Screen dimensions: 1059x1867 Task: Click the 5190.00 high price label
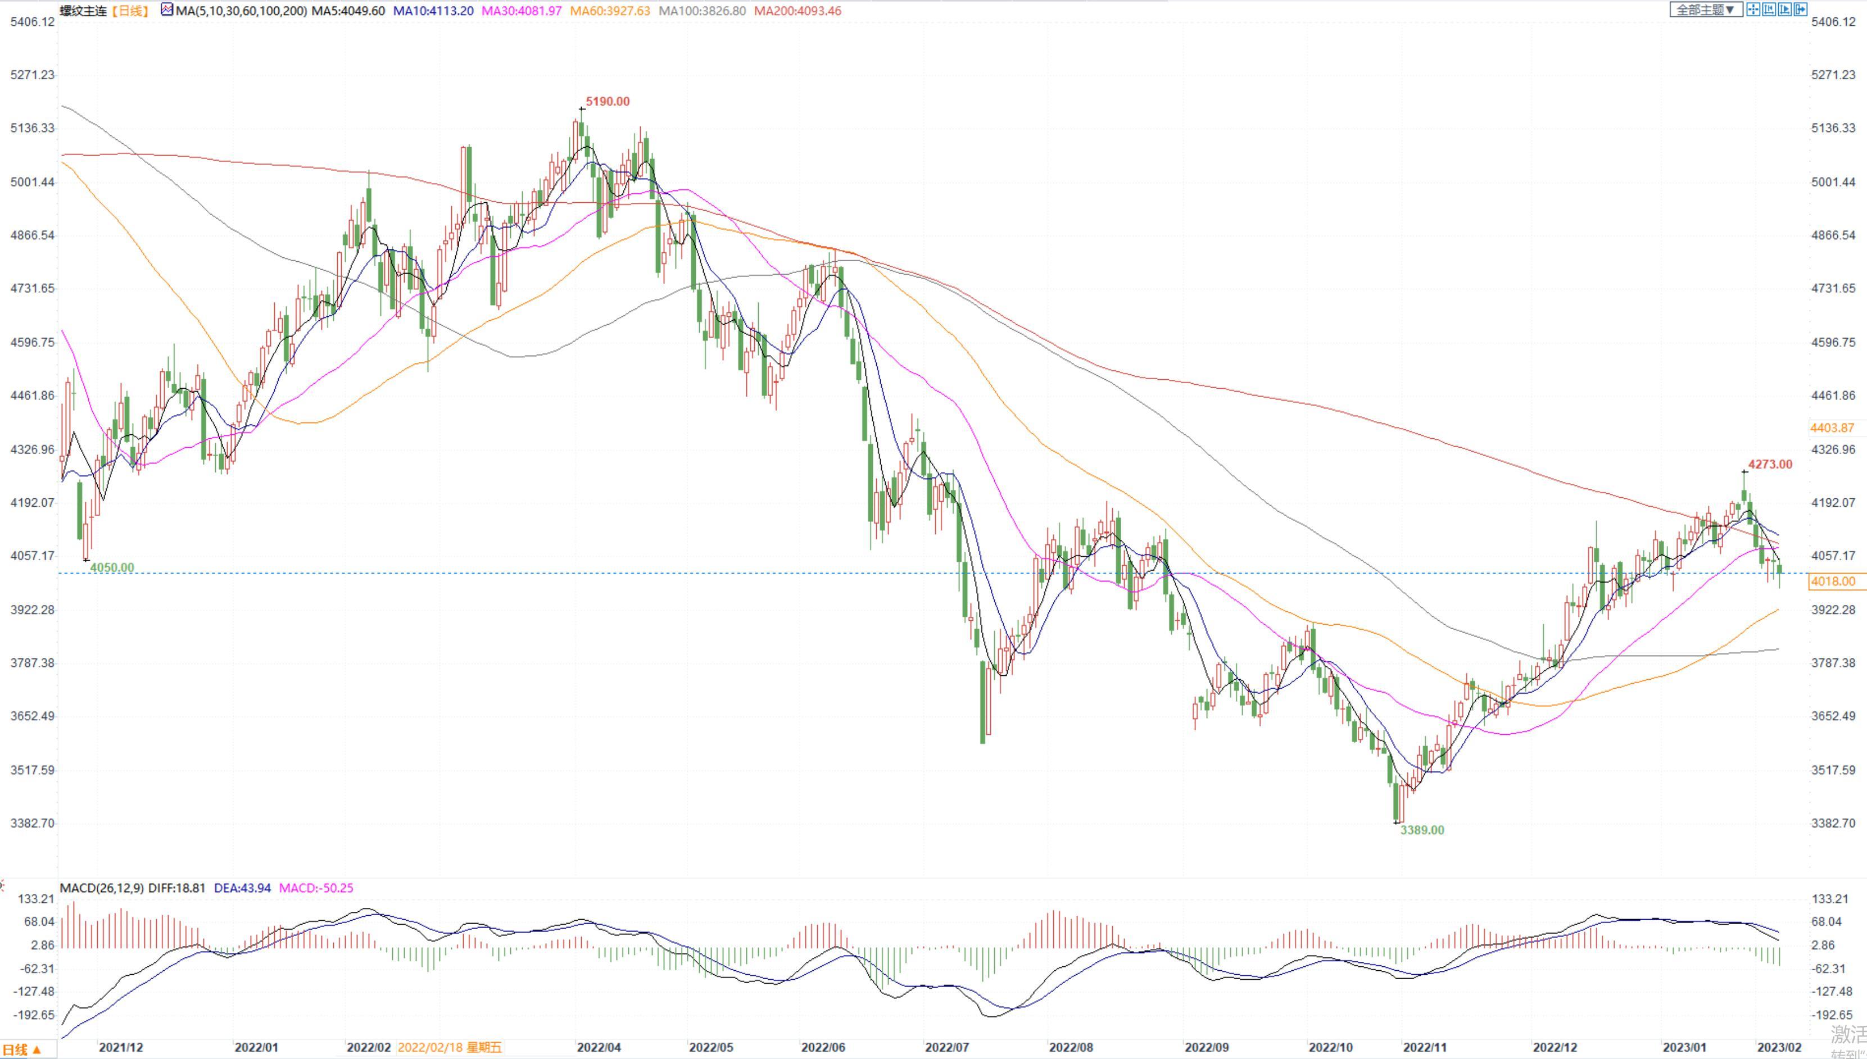point(608,102)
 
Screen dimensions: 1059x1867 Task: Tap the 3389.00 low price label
point(1422,830)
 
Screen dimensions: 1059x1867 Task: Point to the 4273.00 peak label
point(1770,465)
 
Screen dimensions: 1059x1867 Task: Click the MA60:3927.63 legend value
point(610,11)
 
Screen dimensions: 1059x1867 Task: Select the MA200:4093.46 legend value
point(797,11)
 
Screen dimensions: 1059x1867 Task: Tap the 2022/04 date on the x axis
point(599,1047)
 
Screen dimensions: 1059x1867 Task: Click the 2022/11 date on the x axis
point(1425,1047)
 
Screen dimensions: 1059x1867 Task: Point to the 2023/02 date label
point(1779,1047)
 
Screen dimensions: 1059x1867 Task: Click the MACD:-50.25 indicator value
point(316,888)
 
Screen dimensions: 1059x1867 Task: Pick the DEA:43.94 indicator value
point(242,888)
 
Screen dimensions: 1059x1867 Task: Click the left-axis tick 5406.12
point(32,22)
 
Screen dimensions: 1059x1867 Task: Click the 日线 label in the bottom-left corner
point(20,1049)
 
